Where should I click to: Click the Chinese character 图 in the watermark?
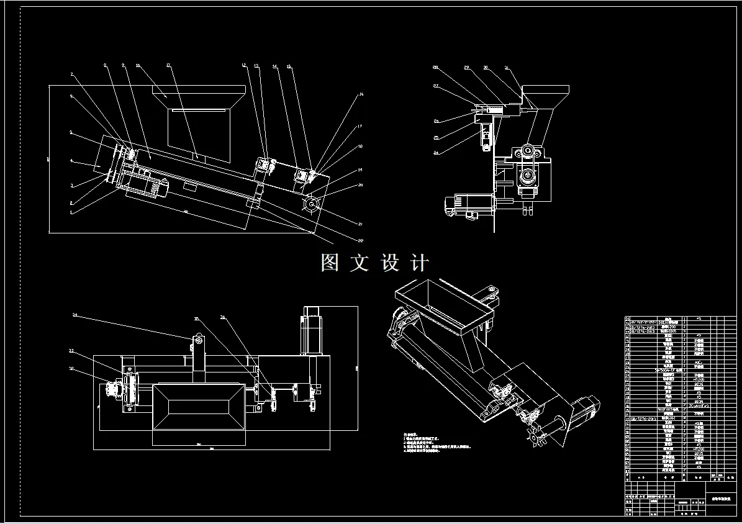tap(330, 263)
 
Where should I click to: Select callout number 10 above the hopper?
tap(138, 65)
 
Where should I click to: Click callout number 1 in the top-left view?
tap(71, 213)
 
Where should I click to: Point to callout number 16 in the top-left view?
tap(361, 94)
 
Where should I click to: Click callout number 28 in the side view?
tap(435, 66)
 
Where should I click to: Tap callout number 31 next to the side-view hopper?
tap(506, 67)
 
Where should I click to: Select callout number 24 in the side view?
tap(437, 152)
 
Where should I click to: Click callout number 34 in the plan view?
tap(75, 315)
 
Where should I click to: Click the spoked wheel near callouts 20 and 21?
tap(310, 203)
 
